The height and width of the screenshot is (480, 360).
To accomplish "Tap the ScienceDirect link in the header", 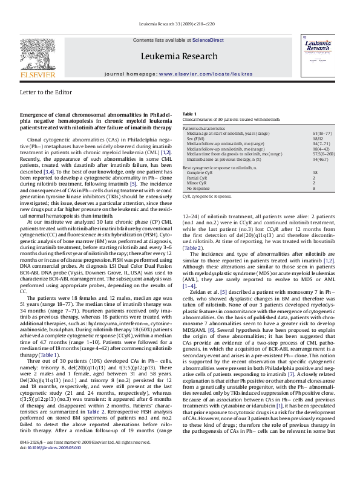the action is [208, 40].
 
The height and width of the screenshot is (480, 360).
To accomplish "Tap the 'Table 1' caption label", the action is [189, 114].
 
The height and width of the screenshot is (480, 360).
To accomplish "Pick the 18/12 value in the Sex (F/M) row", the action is [318, 139].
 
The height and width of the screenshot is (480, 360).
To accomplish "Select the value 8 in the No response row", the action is [314, 189].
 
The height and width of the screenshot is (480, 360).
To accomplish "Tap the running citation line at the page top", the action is [180, 23].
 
